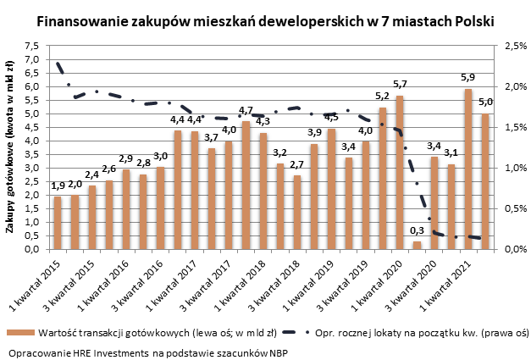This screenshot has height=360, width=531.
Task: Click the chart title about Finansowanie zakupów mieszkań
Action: coord(265,19)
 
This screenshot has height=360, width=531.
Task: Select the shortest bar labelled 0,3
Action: coord(417,245)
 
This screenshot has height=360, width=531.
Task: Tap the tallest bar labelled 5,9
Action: coord(467,169)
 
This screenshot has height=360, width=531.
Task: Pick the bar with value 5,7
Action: coord(399,172)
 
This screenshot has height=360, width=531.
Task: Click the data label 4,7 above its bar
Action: coord(246,111)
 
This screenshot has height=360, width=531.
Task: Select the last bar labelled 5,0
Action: coord(485,181)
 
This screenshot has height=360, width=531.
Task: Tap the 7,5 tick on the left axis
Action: coord(31,46)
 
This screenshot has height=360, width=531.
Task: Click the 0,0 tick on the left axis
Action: coord(31,249)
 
